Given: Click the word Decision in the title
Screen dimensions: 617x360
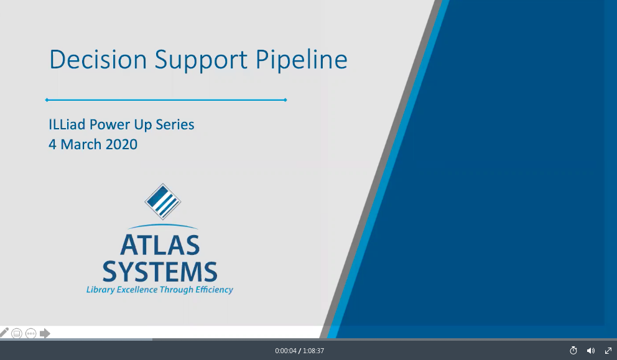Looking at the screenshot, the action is (x=98, y=59).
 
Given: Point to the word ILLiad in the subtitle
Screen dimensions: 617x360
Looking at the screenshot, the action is (x=67, y=124).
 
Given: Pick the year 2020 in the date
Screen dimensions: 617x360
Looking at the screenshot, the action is (x=121, y=144).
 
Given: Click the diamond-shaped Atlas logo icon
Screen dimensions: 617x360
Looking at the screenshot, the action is (x=162, y=201).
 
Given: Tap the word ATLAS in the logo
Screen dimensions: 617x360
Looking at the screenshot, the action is (x=160, y=246).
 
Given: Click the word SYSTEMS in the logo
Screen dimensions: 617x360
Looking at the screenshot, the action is (x=160, y=271).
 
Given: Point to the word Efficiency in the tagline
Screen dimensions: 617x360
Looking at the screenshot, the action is (x=215, y=290).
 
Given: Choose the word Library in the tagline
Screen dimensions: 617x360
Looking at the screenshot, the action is (x=100, y=290).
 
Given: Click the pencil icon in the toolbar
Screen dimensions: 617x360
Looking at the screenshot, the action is (x=4, y=333).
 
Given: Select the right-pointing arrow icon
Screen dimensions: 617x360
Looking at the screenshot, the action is (x=45, y=333).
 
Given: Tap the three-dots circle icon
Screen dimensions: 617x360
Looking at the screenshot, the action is (x=30, y=334).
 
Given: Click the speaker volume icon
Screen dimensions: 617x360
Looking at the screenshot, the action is (x=591, y=351).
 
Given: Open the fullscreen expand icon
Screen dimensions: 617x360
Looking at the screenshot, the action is (x=608, y=351).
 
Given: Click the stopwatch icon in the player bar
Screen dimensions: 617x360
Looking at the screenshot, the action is (x=573, y=350).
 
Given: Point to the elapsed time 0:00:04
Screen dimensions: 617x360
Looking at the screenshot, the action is (x=285, y=351).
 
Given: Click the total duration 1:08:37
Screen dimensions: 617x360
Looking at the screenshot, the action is (x=313, y=351).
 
